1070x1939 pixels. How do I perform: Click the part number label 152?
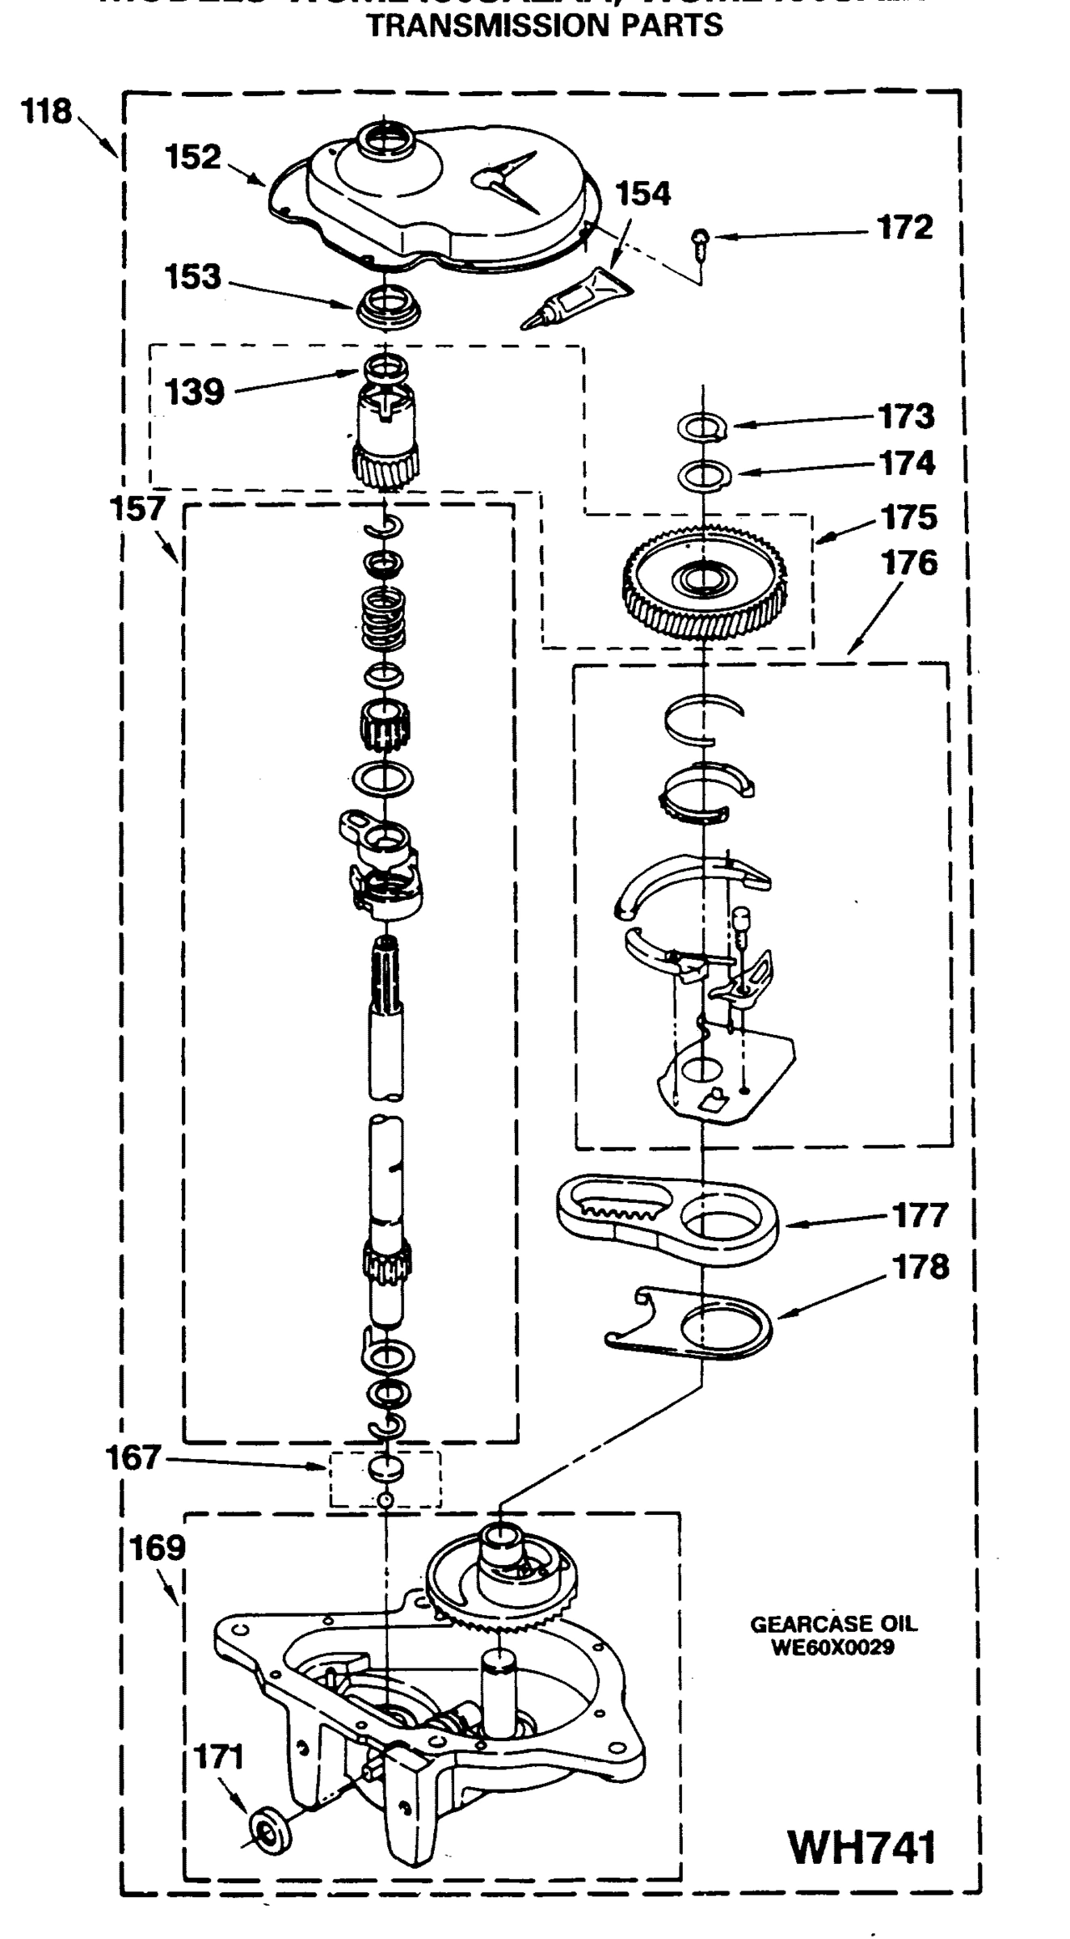tap(192, 157)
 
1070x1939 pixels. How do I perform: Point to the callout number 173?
tap(907, 417)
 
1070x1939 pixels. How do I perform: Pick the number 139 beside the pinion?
tap(194, 393)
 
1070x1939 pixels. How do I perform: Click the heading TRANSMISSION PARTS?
tap(546, 26)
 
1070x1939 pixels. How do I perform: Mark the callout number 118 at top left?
tap(47, 111)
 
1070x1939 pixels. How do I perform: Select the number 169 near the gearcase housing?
tap(157, 1549)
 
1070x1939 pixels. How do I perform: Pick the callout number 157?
tap(137, 510)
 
